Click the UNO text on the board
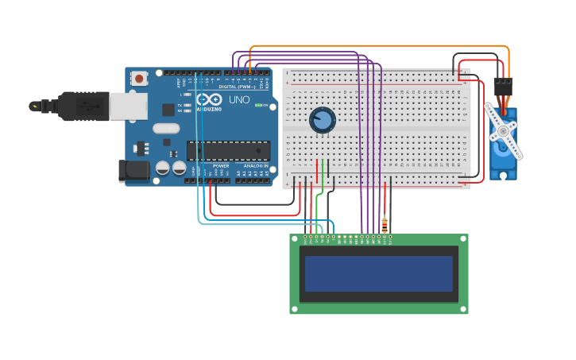(239, 100)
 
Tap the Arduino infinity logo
(210, 100)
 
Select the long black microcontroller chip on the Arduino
(228, 150)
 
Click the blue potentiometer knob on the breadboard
(322, 120)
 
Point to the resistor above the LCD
(385, 225)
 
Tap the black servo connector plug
(503, 87)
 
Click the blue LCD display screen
(378, 273)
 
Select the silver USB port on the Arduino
(128, 106)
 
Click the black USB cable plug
(83, 105)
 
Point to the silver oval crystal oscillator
(167, 128)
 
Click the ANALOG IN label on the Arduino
(255, 166)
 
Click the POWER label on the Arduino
(221, 166)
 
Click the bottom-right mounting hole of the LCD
(463, 309)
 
